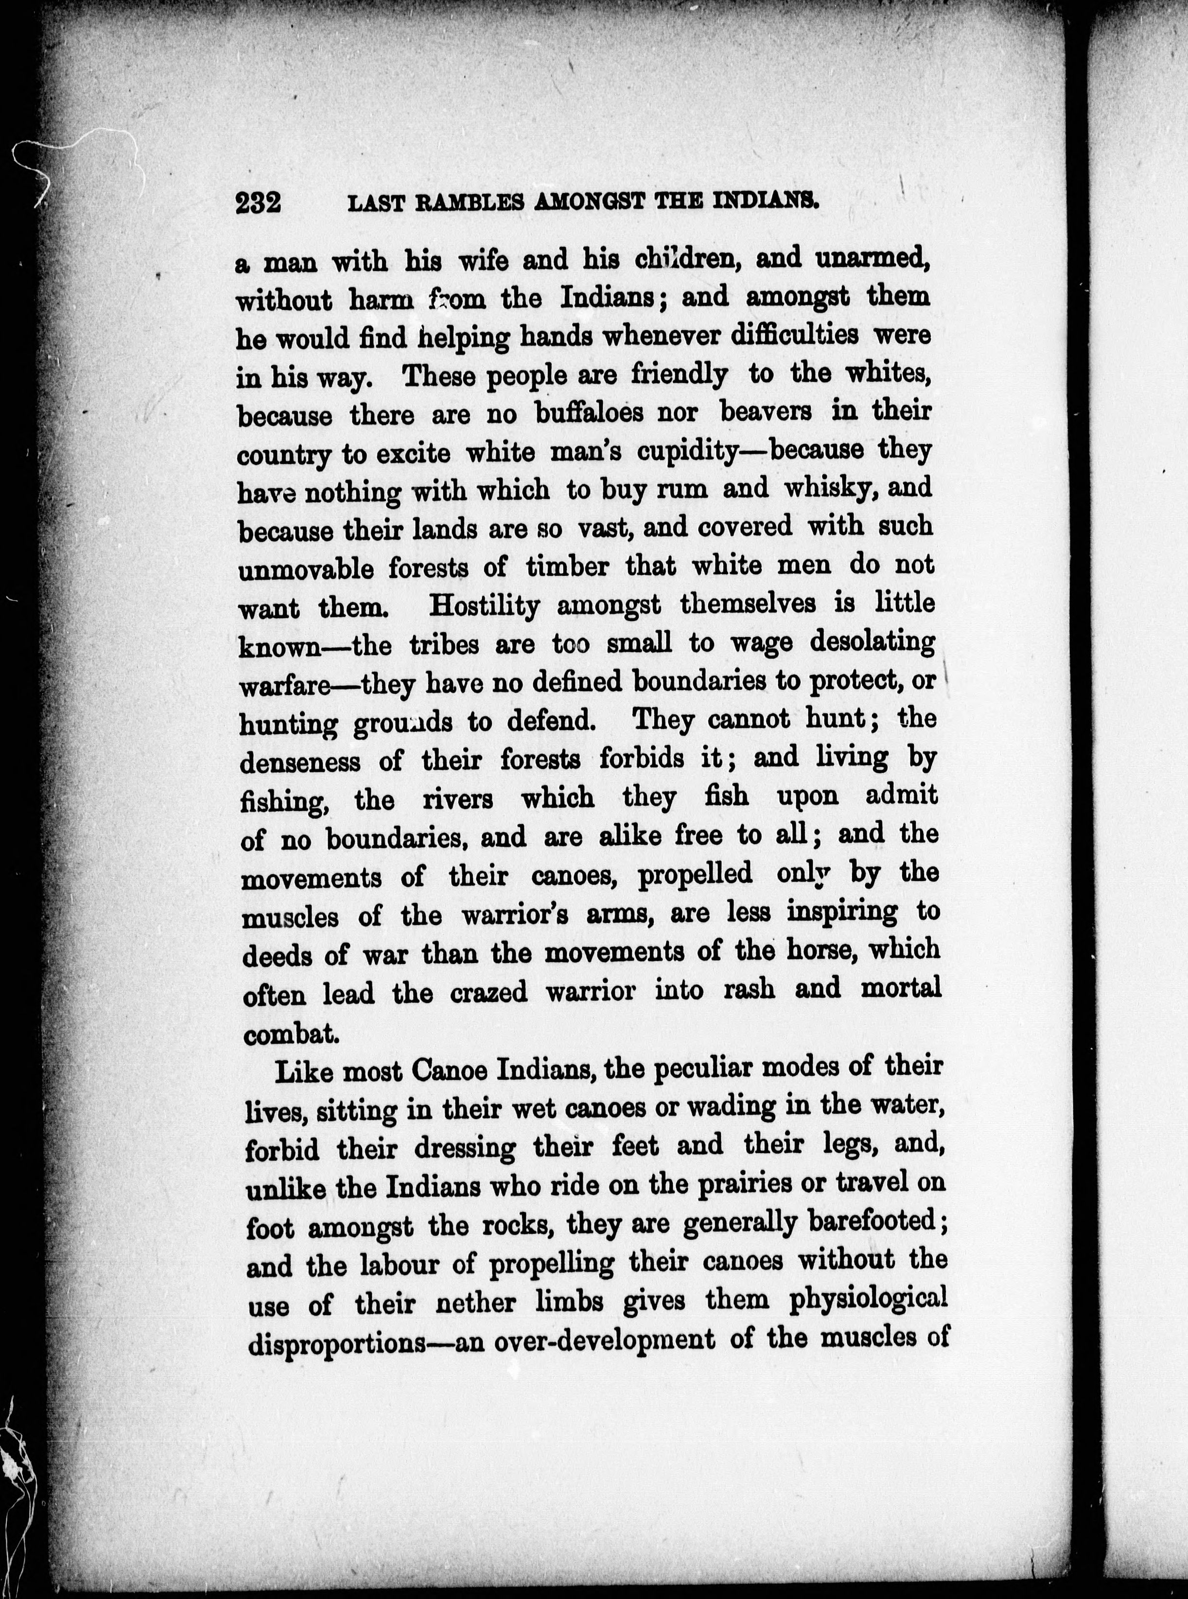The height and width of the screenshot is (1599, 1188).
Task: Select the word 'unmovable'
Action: click(x=306, y=569)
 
